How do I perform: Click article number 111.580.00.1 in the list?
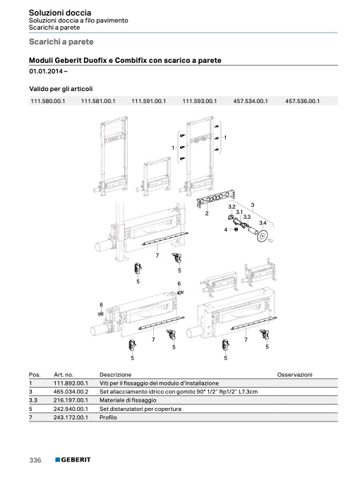click(x=48, y=101)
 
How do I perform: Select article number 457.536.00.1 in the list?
click(x=302, y=101)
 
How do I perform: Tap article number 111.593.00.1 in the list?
click(x=200, y=101)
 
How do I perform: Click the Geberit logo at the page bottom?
click(x=73, y=460)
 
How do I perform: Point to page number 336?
click(x=35, y=460)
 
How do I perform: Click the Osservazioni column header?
click(x=295, y=375)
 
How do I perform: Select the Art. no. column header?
click(x=64, y=375)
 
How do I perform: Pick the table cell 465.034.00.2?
click(x=71, y=392)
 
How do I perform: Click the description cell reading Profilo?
click(x=108, y=417)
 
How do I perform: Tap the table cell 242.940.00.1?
click(x=71, y=409)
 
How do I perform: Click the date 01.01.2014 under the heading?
click(x=46, y=71)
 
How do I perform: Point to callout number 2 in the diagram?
click(x=207, y=213)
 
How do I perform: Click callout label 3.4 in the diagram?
click(x=263, y=223)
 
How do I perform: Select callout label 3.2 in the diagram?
click(x=232, y=207)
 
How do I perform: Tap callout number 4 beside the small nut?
click(x=226, y=229)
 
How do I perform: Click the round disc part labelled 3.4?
click(x=262, y=237)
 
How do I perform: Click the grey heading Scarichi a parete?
click(x=61, y=42)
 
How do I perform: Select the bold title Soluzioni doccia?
click(x=60, y=13)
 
